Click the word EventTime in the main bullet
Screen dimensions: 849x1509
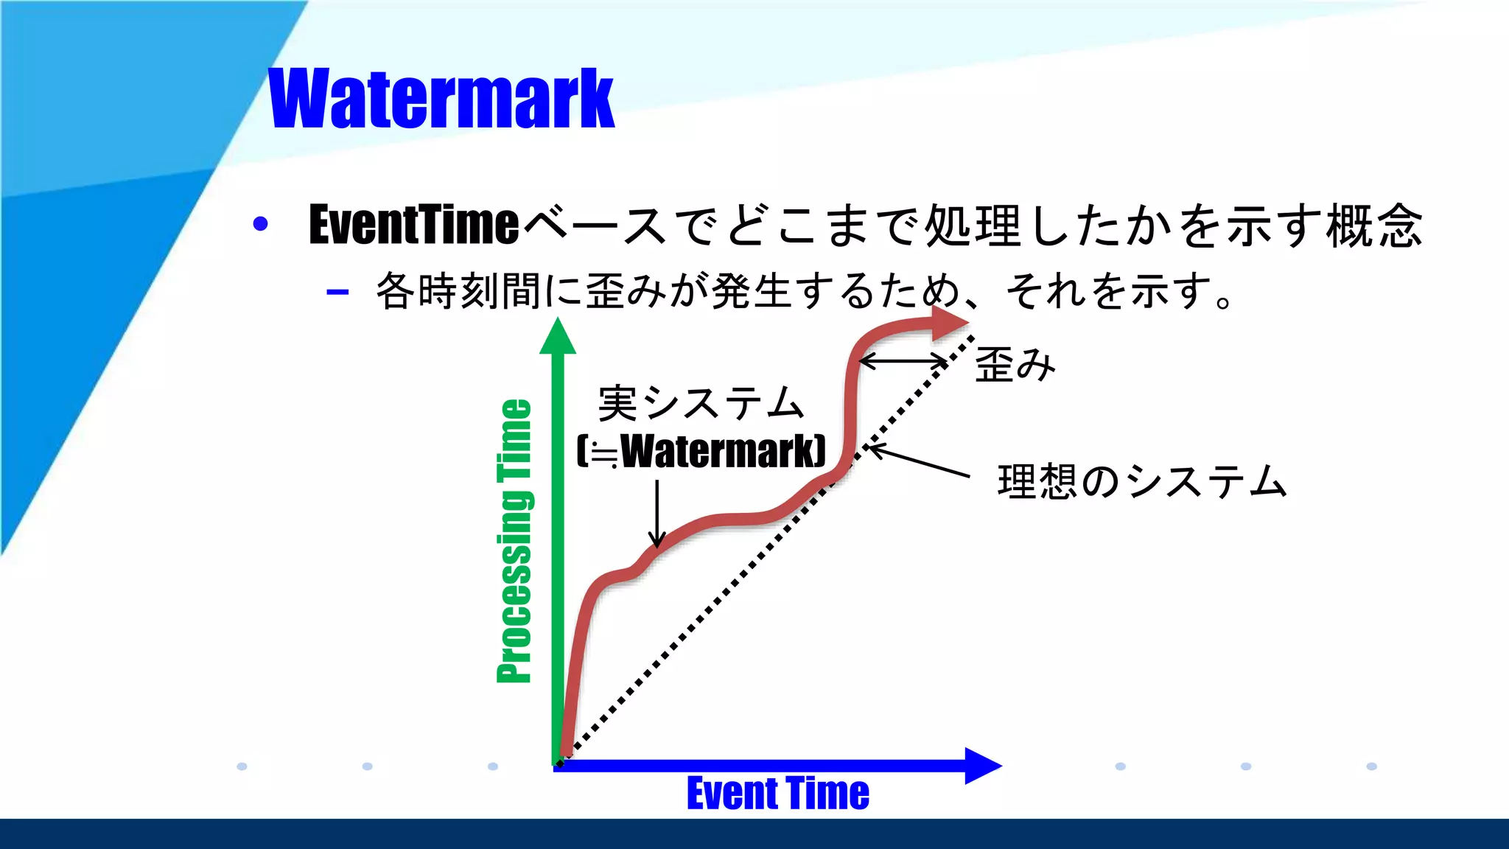click(414, 224)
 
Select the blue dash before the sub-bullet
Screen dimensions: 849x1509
click(337, 293)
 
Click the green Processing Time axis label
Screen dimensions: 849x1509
click(514, 541)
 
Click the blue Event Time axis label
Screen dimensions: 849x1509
click(777, 794)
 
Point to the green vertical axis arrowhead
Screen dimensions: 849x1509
click(558, 337)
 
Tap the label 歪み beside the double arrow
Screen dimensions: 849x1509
click(1015, 365)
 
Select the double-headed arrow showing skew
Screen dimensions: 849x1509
click(903, 362)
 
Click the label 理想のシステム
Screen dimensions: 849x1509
click(1141, 482)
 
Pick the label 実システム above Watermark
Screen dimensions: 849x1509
click(700, 403)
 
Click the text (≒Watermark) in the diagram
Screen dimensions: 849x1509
click(701, 451)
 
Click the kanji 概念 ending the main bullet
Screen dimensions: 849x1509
click(1374, 226)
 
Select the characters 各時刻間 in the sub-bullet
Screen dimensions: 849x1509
click(458, 291)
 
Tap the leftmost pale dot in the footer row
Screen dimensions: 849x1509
click(242, 766)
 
